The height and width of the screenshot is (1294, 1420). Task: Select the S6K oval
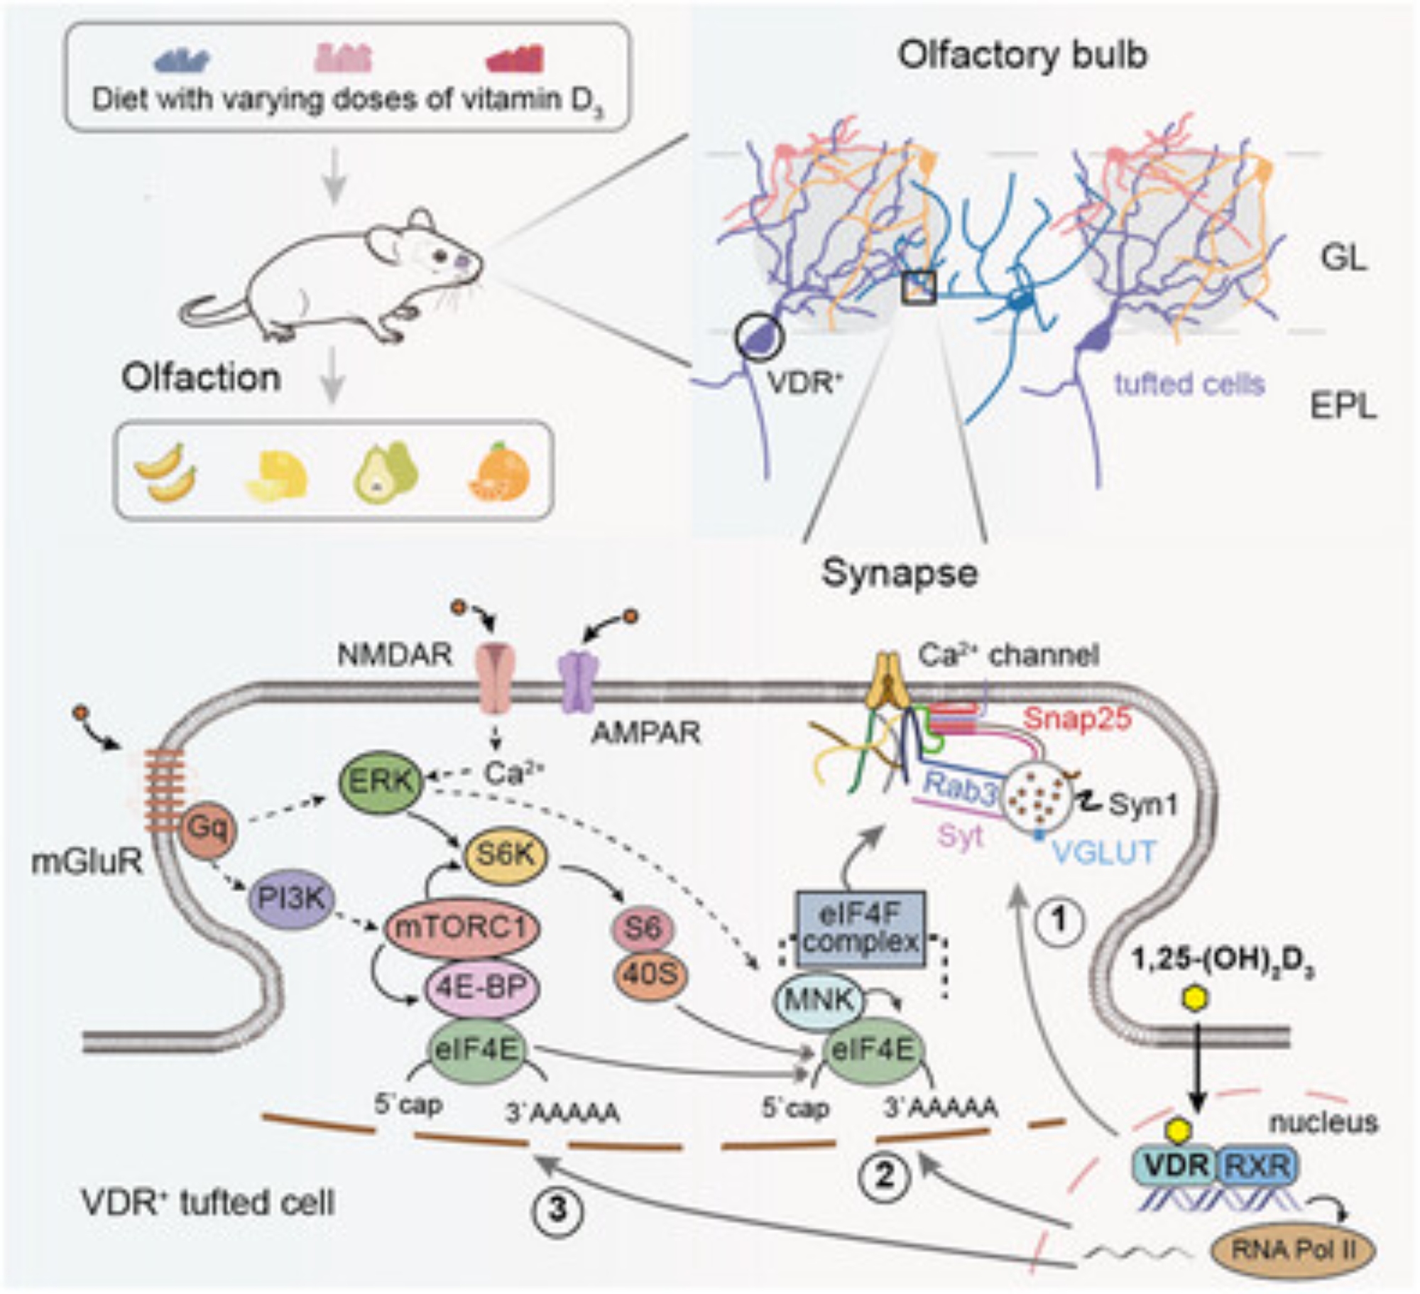505,855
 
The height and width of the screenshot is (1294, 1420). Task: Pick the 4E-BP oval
481,987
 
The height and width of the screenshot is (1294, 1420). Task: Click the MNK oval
819,1000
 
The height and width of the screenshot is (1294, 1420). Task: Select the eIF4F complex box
861,929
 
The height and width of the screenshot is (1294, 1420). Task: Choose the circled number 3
557,1209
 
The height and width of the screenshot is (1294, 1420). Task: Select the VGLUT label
1104,851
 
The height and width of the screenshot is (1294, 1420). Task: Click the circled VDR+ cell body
759,337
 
